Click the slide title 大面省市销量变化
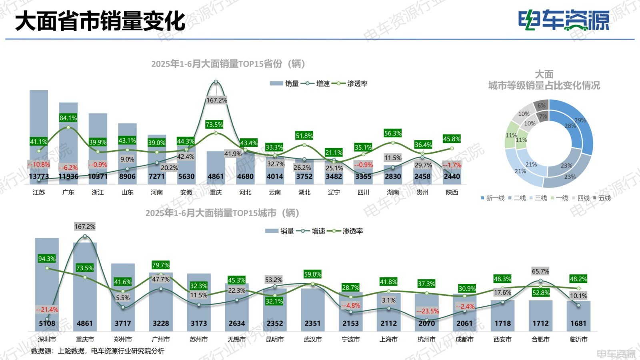tap(100, 21)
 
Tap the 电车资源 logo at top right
tap(564, 20)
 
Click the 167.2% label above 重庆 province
tap(216, 100)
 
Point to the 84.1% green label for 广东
tap(68, 118)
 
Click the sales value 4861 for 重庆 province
tap(216, 176)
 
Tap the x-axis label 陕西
tap(452, 192)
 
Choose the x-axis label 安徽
tap(186, 192)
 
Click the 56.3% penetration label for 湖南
tap(392, 133)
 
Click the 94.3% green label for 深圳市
tap(47, 259)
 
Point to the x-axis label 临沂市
tap(578, 339)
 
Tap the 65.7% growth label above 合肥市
tap(540, 271)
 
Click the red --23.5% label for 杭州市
tap(428, 311)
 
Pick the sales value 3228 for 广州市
tap(161, 323)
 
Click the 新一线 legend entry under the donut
tap(493, 198)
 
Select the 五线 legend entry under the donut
tap(602, 198)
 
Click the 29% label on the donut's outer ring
tap(580, 120)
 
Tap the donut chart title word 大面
tap(544, 74)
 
